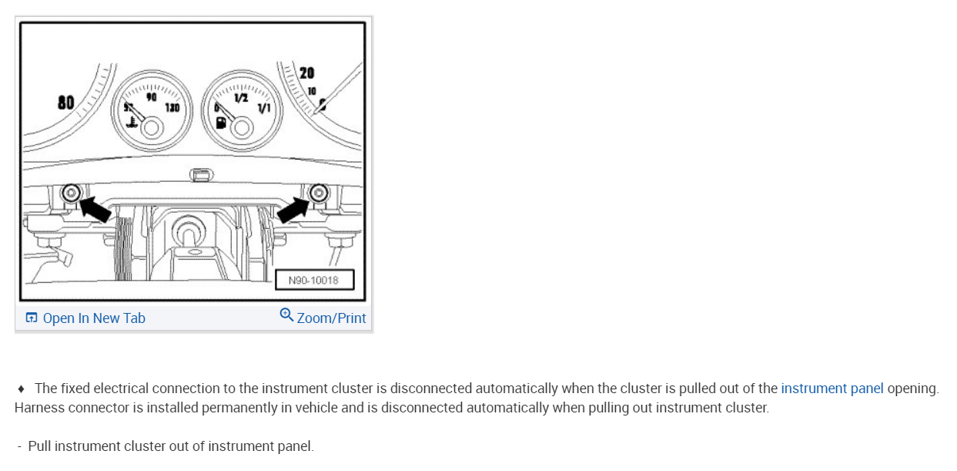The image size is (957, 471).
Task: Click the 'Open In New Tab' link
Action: [x=93, y=318]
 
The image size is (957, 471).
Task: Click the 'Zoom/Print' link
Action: [x=331, y=318]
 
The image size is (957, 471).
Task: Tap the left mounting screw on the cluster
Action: [x=72, y=192]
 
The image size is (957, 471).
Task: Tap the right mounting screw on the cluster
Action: [x=316, y=192]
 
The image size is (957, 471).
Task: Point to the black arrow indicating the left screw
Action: [x=95, y=207]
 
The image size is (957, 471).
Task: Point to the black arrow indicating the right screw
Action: [x=294, y=207]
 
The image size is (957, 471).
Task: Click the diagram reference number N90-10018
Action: [x=313, y=280]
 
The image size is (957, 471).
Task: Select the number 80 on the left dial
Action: [x=65, y=102]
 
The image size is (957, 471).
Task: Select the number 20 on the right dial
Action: [x=307, y=73]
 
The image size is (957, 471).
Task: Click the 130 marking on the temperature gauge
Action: [x=172, y=108]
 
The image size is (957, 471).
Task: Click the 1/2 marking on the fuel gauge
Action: [x=241, y=98]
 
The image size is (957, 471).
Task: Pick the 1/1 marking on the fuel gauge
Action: [x=264, y=109]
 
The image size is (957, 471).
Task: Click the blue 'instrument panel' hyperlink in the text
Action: [x=832, y=389]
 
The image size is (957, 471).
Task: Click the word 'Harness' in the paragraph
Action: [x=38, y=408]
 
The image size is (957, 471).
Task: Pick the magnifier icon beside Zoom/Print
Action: [x=286, y=315]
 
